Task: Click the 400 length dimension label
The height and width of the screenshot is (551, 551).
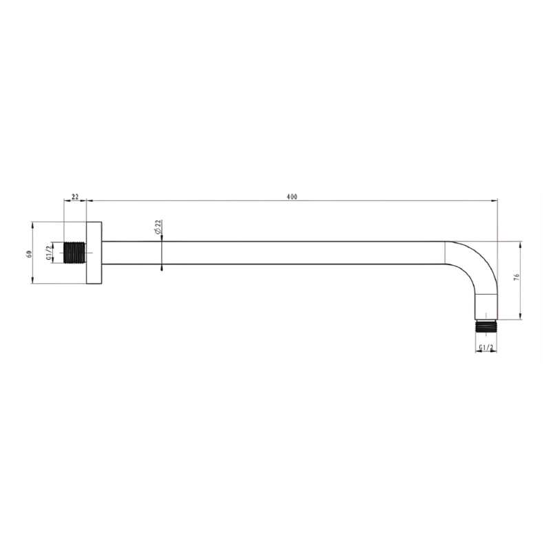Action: tap(291, 197)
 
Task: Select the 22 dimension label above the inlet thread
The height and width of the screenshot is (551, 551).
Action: tap(75, 196)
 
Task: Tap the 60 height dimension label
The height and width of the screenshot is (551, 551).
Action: tap(30, 253)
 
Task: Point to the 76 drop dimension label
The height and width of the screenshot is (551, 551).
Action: tap(516, 277)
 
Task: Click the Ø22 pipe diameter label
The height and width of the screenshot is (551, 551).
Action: tap(158, 227)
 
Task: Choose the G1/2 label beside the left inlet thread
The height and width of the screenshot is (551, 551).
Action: tap(48, 253)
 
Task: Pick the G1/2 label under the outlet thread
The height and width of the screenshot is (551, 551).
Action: tap(486, 347)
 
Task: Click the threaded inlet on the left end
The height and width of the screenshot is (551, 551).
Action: tap(75, 253)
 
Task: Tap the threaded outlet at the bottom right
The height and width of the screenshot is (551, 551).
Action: tap(486, 326)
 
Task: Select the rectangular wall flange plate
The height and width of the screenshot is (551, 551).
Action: tap(94, 253)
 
